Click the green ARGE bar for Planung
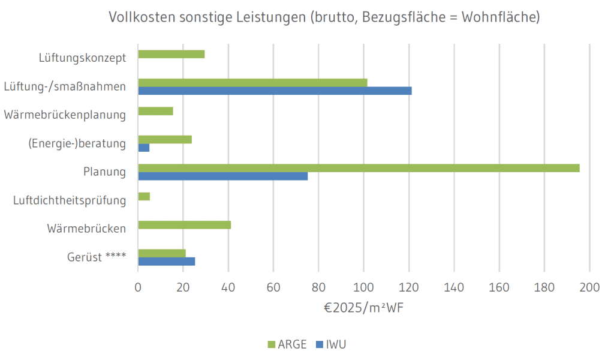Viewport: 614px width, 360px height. point(359,168)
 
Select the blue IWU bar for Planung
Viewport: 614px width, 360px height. point(222,176)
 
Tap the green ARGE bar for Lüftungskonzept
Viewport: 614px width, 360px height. point(171,54)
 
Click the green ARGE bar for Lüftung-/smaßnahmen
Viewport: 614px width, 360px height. point(252,83)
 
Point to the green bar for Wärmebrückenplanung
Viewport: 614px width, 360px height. point(155,111)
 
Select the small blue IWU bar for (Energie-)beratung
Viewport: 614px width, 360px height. point(143,148)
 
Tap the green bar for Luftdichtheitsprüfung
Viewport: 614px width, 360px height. point(144,196)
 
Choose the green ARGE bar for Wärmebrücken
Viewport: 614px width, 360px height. point(184,225)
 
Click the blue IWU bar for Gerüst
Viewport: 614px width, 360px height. point(166,261)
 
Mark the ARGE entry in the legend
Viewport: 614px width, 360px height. point(287,344)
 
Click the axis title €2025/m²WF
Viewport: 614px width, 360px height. point(363,308)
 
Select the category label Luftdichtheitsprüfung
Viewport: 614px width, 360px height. point(70,200)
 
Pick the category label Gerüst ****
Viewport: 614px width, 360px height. point(96,257)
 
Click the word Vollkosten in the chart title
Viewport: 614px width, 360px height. point(141,17)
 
